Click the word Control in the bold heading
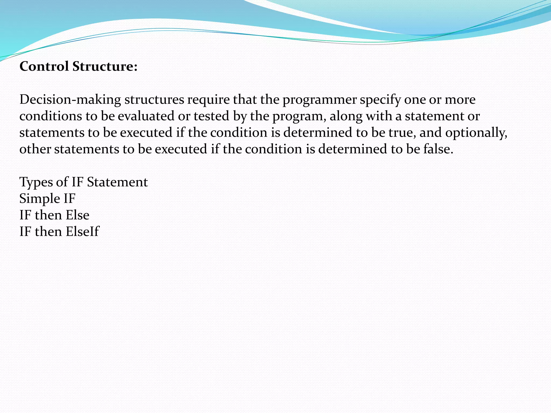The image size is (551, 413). (44, 66)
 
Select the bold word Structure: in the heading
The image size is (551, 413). (105, 66)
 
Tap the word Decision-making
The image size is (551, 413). (70, 100)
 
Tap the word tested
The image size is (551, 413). (211, 116)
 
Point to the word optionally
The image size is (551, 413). (476, 133)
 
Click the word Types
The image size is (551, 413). (36, 182)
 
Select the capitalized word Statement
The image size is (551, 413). (117, 182)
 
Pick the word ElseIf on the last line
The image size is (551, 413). (82, 232)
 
